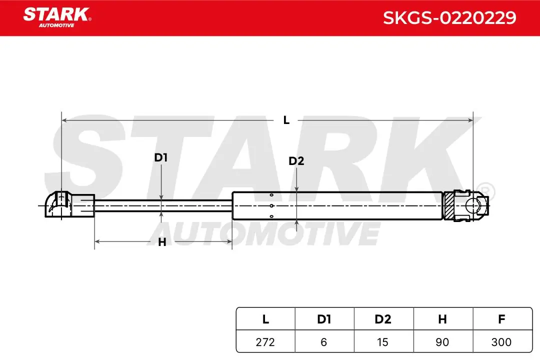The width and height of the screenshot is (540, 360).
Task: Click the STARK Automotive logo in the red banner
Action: (x=57, y=17)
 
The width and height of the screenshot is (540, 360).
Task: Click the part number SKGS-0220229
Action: (x=449, y=18)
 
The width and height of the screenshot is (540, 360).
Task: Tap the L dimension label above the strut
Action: (x=286, y=120)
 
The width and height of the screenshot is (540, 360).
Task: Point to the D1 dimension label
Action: (x=161, y=158)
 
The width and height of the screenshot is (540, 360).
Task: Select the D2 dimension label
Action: (x=296, y=161)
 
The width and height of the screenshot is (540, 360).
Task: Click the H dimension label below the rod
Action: (x=162, y=242)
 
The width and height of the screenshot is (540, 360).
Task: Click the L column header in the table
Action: (x=265, y=319)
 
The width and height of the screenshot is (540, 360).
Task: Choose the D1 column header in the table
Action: (x=324, y=319)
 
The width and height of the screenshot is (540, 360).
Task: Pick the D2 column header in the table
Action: (x=383, y=319)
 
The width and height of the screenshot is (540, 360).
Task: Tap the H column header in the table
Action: (x=443, y=319)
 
